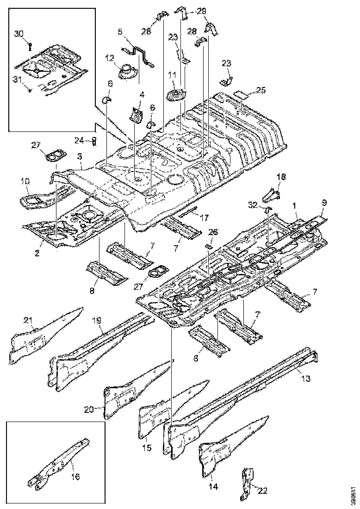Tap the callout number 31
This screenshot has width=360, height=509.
click(18, 79)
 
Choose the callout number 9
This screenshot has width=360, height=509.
click(323, 202)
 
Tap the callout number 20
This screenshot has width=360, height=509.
click(89, 409)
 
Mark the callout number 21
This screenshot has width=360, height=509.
click(28, 321)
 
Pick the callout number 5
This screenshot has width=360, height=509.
click(120, 32)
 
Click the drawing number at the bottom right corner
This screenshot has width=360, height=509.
click(353, 495)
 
